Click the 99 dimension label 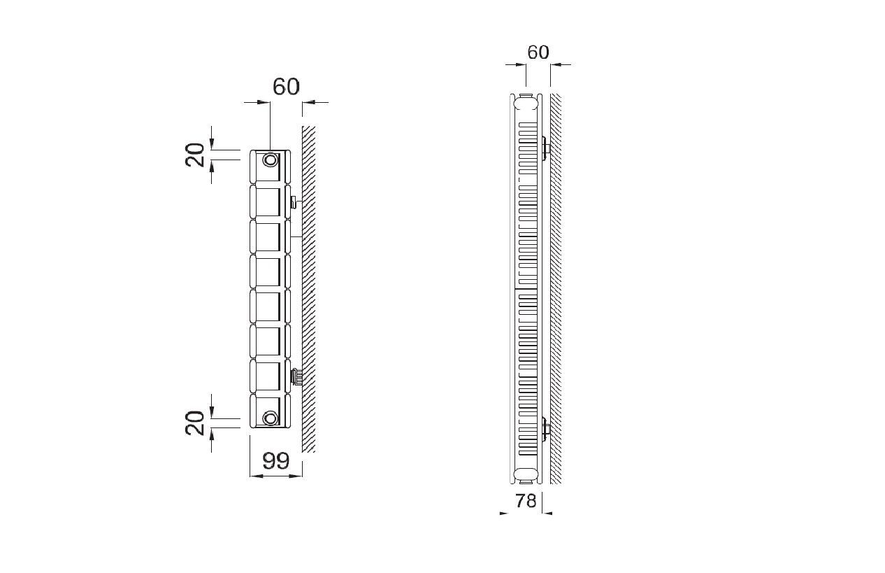click(276, 460)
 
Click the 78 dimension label click(526, 501)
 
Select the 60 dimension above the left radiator click(286, 87)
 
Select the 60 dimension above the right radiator click(538, 52)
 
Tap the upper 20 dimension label click(195, 155)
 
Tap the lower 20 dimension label click(195, 423)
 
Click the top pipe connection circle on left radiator click(271, 160)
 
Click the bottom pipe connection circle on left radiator click(271, 418)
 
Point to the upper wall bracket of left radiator click(295, 202)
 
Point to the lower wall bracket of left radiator click(296, 376)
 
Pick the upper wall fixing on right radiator click(546, 149)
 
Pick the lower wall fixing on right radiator click(546, 429)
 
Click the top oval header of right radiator click(526, 104)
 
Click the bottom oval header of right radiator click(526, 474)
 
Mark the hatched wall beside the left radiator click(309, 289)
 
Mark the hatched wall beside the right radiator click(556, 289)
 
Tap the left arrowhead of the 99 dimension click(256, 476)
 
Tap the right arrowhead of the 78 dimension click(547, 514)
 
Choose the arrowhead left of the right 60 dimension click(521, 64)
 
